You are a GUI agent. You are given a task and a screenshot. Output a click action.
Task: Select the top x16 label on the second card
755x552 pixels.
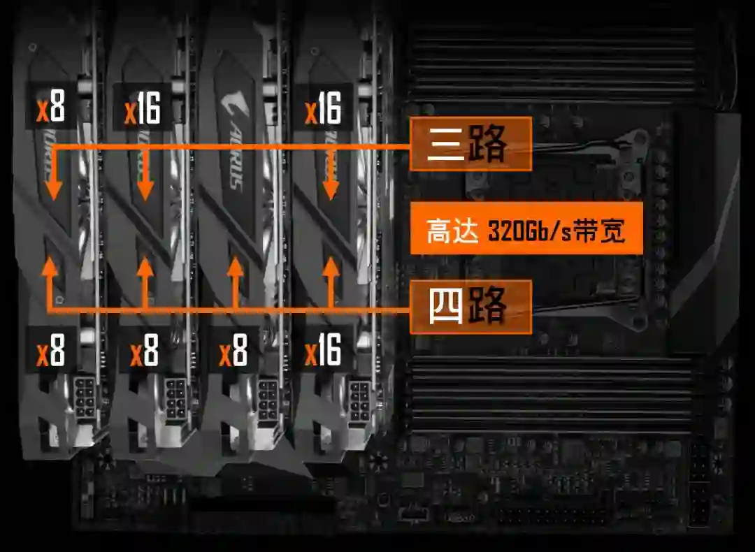coord(142,109)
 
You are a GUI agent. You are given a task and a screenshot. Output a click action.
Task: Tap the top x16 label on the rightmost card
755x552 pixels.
coord(323,109)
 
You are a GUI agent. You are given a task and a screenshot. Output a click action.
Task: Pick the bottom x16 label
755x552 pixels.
coord(323,350)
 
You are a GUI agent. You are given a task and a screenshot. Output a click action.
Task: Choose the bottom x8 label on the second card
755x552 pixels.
coord(145,351)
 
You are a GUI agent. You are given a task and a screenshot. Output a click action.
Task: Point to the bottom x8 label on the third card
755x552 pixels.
coord(233,351)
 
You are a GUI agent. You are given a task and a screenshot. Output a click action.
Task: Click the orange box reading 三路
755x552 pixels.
coord(470,144)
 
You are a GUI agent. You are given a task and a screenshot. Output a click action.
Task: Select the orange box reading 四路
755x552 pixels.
coord(470,307)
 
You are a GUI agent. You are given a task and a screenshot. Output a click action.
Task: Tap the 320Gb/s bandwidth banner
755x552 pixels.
coord(526,228)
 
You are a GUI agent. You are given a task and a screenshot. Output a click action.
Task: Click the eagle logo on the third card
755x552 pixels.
coord(230,104)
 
